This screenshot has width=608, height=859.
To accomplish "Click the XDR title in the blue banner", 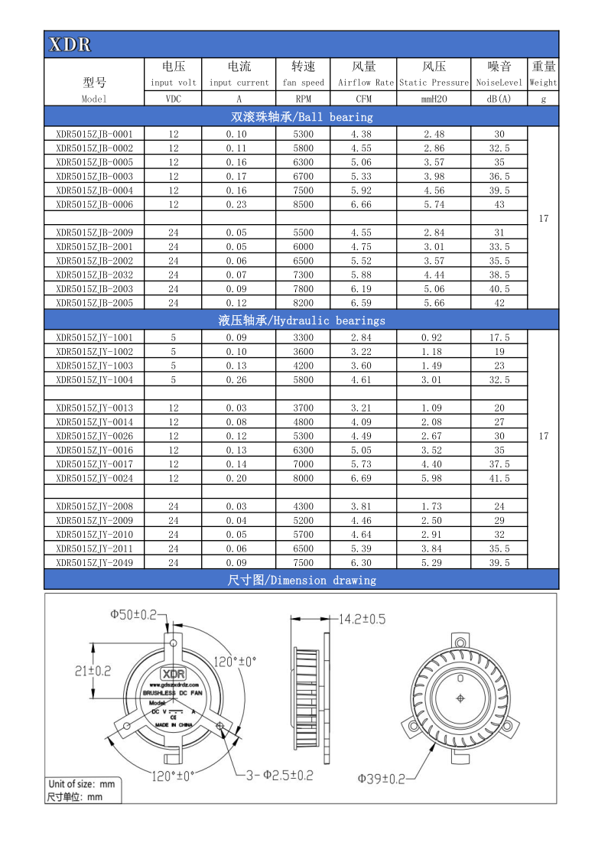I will [70, 45].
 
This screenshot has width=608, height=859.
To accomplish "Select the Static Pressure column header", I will [433, 82].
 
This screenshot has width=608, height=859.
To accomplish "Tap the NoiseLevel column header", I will [499, 82].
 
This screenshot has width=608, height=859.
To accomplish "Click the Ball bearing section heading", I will [301, 117].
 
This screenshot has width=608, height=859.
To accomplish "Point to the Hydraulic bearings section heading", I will [301, 320].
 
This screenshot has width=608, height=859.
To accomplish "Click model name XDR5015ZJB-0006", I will [94, 204].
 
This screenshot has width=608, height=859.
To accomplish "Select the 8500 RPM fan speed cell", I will [303, 204].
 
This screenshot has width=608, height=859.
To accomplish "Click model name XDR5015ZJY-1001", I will [94, 337].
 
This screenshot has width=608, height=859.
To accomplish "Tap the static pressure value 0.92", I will [432, 337].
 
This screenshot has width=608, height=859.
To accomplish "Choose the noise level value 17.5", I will [499, 337].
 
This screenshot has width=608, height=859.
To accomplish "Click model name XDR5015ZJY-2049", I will [94, 562].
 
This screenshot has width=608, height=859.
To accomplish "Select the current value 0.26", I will [238, 379].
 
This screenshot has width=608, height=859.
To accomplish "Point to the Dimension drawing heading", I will [301, 581].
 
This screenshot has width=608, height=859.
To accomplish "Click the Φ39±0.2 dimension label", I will [382, 779].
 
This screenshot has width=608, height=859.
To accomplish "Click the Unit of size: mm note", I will [81, 783].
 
